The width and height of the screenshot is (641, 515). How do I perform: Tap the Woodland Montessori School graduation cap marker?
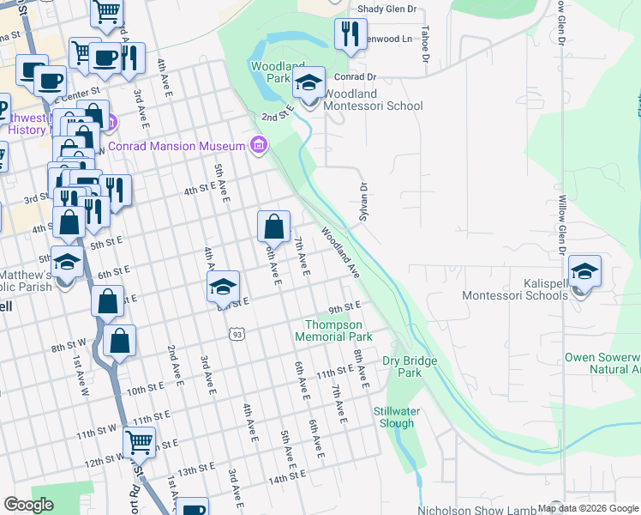click(309, 84)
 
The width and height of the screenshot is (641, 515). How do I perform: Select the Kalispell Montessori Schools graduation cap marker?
click(584, 273)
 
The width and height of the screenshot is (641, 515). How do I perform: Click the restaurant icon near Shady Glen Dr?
click(350, 35)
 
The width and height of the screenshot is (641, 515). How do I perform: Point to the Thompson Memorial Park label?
click(333, 330)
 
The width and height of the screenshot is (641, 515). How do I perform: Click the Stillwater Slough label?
click(394, 417)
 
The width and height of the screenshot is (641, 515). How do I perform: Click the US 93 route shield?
click(237, 333)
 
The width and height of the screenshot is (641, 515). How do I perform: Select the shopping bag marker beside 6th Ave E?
click(273, 227)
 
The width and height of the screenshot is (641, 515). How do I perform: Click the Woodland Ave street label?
click(340, 252)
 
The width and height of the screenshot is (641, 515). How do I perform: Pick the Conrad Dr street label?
click(360, 76)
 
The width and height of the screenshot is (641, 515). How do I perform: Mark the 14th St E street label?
click(288, 477)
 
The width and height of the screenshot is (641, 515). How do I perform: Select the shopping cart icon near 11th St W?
click(139, 443)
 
